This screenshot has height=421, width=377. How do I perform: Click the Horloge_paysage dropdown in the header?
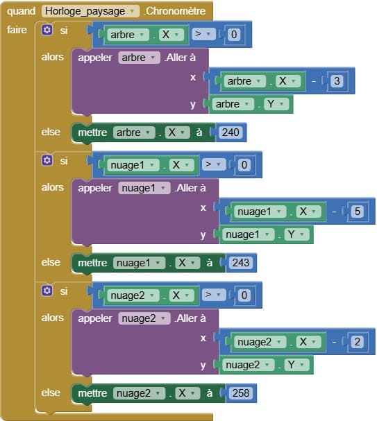click(x=90, y=11)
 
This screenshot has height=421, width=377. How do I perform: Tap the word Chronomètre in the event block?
click(x=176, y=11)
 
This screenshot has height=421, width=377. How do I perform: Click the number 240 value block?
click(x=231, y=132)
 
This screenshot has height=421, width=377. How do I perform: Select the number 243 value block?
click(x=240, y=263)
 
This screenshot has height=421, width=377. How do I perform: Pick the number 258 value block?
click(x=240, y=393)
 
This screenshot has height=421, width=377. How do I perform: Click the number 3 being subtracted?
click(x=337, y=81)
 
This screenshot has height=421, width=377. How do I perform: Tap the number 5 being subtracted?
click(x=357, y=212)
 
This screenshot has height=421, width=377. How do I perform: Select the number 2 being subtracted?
click(x=357, y=342)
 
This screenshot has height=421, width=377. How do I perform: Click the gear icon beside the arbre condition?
click(x=47, y=30)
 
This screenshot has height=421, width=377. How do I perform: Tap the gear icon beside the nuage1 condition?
click(x=47, y=160)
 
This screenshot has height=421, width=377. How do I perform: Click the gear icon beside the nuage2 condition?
click(x=47, y=291)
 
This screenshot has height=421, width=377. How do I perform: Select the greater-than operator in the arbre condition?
click(x=203, y=34)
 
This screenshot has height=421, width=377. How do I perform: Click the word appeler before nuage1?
click(x=95, y=188)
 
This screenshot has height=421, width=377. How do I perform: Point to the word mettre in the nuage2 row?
click(x=92, y=393)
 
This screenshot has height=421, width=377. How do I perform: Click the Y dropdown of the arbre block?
click(x=276, y=104)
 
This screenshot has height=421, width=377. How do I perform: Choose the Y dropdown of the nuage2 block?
click(x=296, y=365)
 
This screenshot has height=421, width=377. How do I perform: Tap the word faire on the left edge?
click(x=17, y=30)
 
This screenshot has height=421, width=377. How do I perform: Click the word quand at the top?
click(x=22, y=11)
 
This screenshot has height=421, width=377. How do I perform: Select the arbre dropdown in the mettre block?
click(x=134, y=132)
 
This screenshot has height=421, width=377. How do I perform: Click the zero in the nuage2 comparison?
click(x=244, y=295)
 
